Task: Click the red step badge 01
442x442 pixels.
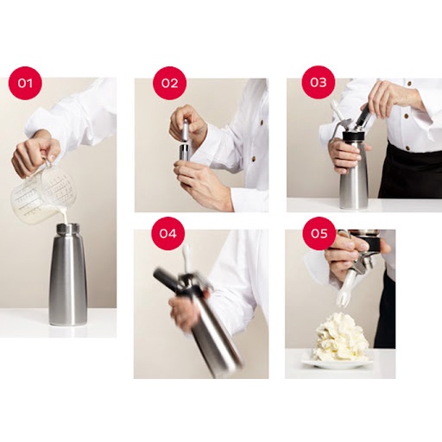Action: pos(25,83)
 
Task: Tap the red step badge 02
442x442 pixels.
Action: pos(169,83)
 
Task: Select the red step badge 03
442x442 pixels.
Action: pos(319,82)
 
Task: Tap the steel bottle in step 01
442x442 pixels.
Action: pos(67,276)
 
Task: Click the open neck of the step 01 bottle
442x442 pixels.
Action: pos(67,228)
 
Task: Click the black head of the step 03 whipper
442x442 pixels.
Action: pos(354,138)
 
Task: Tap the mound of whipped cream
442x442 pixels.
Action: pos(340,338)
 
